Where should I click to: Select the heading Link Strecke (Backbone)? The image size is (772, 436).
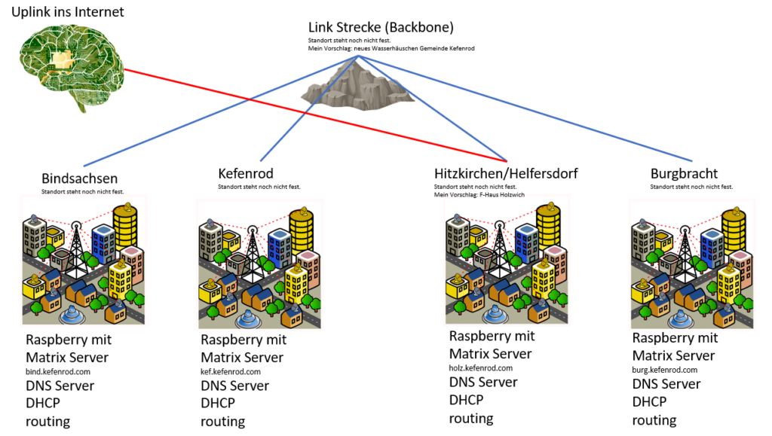(x=381, y=28)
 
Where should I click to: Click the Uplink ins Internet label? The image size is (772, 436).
(x=68, y=12)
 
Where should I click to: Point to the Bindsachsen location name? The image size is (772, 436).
(x=80, y=178)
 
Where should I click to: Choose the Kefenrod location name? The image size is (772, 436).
(x=246, y=174)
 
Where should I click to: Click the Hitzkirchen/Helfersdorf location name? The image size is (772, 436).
(x=506, y=174)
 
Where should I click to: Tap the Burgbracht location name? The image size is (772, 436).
(x=684, y=174)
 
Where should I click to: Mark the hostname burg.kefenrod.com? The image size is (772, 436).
(x=664, y=370)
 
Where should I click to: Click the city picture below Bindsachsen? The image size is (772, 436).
(x=83, y=261)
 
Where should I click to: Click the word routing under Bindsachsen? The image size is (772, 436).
(x=47, y=422)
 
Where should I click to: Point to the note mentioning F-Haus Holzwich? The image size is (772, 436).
(x=479, y=194)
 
